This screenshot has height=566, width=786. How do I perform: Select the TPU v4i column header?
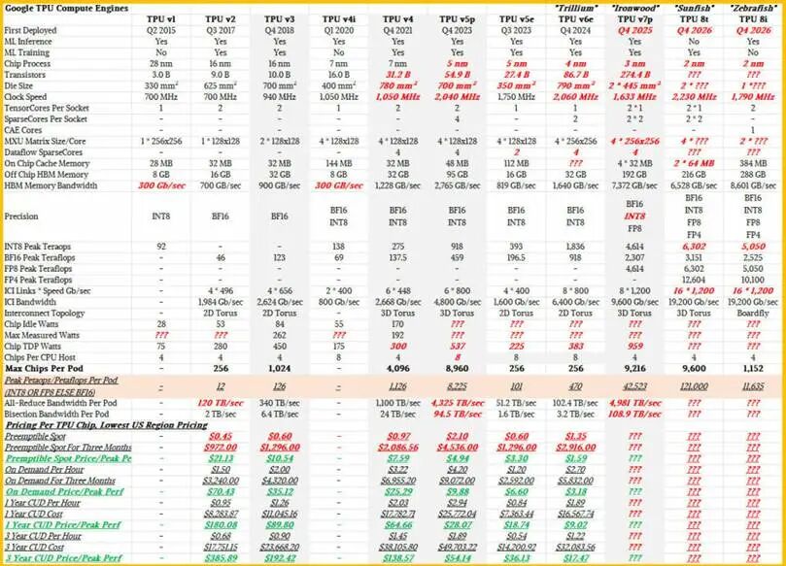[x=338, y=19]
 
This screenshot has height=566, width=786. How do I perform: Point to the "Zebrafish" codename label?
[x=750, y=8]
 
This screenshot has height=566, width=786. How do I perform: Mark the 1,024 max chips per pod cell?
[x=280, y=368]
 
